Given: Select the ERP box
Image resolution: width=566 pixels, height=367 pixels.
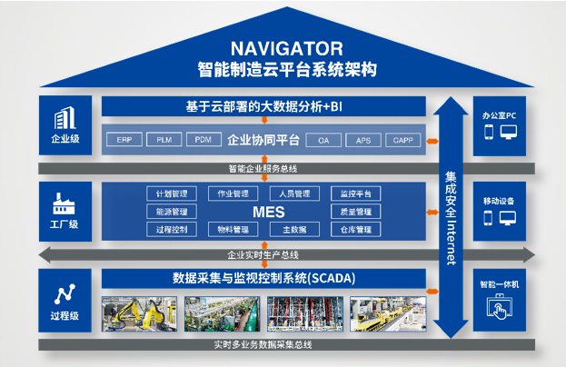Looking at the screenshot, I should point(124,140).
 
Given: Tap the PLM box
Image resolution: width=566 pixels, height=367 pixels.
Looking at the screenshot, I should point(164,140).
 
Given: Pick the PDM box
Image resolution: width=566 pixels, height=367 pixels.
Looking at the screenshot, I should point(203,140).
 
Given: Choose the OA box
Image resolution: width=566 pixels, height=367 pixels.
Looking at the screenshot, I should point(323,140).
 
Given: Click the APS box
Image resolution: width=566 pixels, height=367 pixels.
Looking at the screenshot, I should point(362,140).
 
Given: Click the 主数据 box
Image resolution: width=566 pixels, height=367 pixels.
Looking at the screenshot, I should point(293,230).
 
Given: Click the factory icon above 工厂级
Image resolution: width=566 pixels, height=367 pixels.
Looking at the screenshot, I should point(65,202).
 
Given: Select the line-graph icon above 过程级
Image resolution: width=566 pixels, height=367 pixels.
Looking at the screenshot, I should point(65,294).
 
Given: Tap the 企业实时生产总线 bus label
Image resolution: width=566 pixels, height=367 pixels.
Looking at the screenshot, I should point(263,255).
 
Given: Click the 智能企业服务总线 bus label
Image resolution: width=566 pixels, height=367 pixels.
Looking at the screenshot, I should point(263,169).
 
